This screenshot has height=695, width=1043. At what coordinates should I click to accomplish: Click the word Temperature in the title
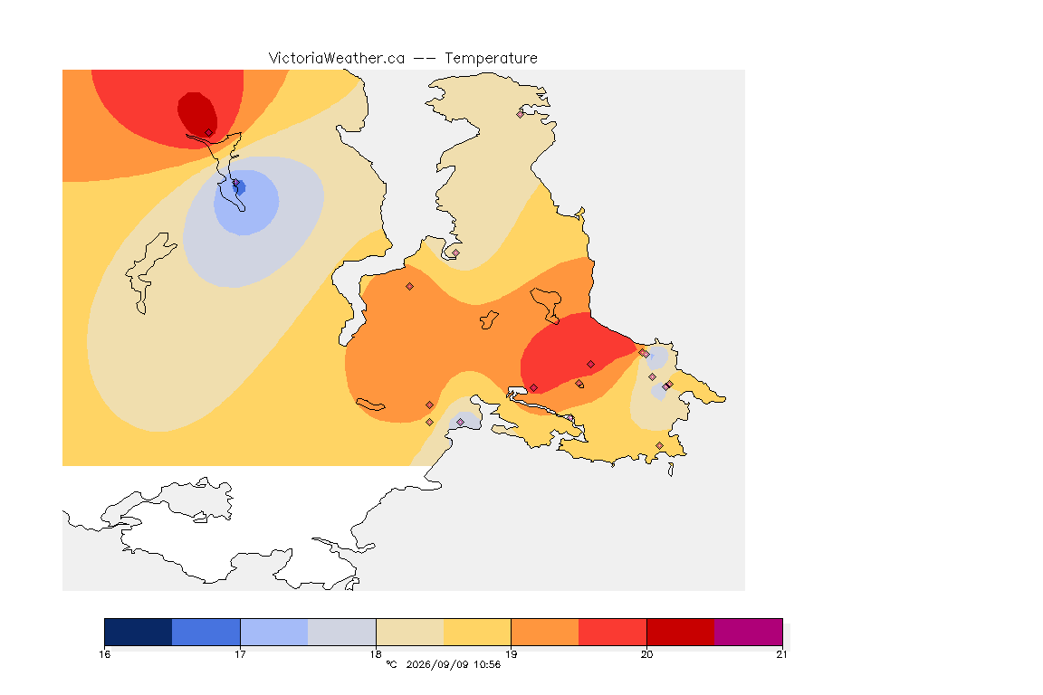491,59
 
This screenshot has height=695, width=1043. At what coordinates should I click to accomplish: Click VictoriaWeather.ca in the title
337,59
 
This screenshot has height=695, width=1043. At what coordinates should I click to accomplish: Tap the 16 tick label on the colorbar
105,654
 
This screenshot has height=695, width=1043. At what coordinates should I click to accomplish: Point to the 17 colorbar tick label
240,654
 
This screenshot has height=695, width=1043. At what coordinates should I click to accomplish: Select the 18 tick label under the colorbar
376,654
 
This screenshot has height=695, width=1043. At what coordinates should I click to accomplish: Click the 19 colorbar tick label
511,654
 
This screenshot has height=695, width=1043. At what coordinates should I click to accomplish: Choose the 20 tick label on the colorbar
646,654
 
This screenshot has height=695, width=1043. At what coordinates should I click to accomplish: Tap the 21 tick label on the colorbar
781,654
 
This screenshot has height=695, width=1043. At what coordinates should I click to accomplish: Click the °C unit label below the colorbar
391,664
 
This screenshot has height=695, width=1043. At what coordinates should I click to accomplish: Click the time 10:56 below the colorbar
487,664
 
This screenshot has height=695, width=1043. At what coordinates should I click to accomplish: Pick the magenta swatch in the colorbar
749,632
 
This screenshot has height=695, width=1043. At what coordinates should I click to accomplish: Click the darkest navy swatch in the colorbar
139,632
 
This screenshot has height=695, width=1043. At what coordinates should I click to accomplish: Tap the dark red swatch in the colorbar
681,632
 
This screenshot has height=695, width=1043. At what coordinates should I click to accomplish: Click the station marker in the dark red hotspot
209,133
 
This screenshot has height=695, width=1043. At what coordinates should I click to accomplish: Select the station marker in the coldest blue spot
235,182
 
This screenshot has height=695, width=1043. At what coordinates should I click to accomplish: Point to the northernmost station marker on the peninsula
521,114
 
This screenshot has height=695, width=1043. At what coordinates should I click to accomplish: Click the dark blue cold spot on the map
239,187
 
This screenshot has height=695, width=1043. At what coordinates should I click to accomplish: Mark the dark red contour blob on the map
196,114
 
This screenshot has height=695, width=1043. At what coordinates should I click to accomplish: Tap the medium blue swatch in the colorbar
206,632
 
